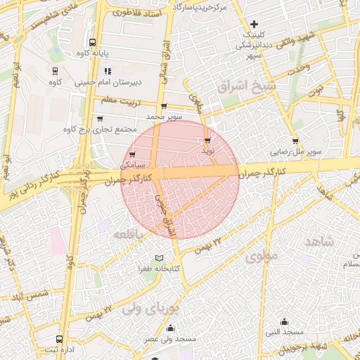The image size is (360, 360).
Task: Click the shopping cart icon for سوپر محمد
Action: [164, 106]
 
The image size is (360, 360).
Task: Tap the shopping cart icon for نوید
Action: [207, 140]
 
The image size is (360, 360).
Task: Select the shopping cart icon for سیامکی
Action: [132, 154]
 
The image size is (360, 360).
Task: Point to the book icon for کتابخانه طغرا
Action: [160, 258]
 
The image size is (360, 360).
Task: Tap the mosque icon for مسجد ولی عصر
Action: [170, 328]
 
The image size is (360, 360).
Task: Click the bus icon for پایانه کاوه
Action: [93, 41]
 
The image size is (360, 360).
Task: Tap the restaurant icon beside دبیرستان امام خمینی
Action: [108, 71]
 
